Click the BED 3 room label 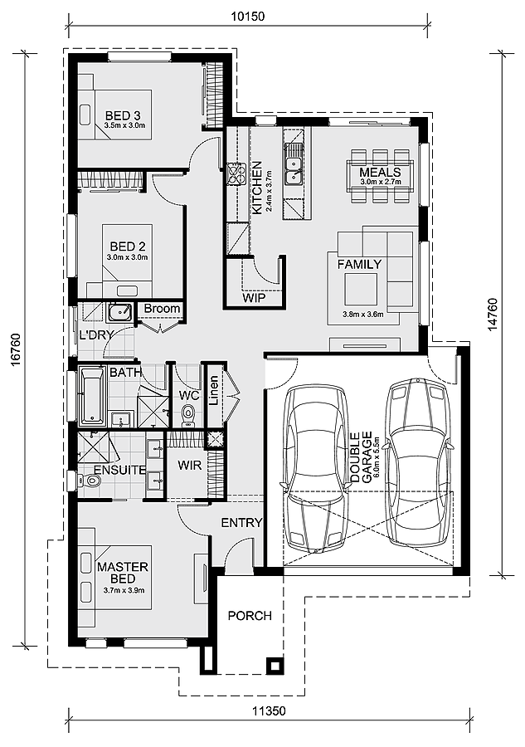pyautogui.click(x=123, y=115)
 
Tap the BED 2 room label pyautogui.click(x=128, y=247)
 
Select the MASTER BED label pyautogui.click(x=123, y=573)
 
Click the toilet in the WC pyautogui.click(x=188, y=416)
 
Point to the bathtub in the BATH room pyautogui.click(x=92, y=395)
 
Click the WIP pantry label pyautogui.click(x=254, y=298)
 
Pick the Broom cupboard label pyautogui.click(x=162, y=309)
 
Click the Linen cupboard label pyautogui.click(x=214, y=390)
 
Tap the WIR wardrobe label pyautogui.click(x=189, y=465)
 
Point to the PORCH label pyautogui.click(x=250, y=616)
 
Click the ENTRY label pyautogui.click(x=242, y=523)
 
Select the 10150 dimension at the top pyautogui.click(x=247, y=17)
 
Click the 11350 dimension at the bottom pyautogui.click(x=270, y=711)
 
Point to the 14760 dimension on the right pyautogui.click(x=493, y=315)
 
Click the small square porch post pyautogui.click(x=275, y=665)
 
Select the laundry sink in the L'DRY pyautogui.click(x=119, y=313)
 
